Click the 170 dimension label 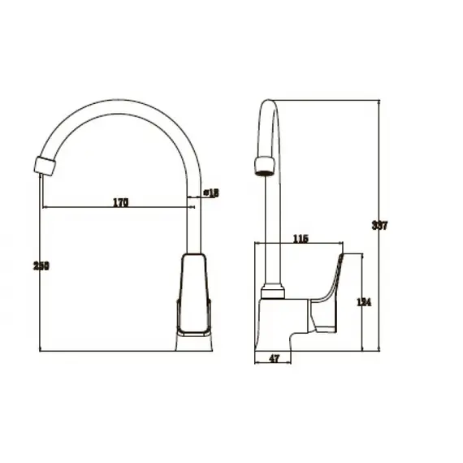pyautogui.click(x=119, y=201)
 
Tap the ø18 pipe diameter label pyautogui.click(x=210, y=193)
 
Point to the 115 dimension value pyautogui.click(x=300, y=238)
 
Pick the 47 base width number pyautogui.click(x=274, y=358)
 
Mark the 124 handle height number pyautogui.click(x=364, y=302)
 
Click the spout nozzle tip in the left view pyautogui.click(x=45, y=165)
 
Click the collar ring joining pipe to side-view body pyautogui.click(x=274, y=290)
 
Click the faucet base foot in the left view pyautogui.click(x=195, y=343)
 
